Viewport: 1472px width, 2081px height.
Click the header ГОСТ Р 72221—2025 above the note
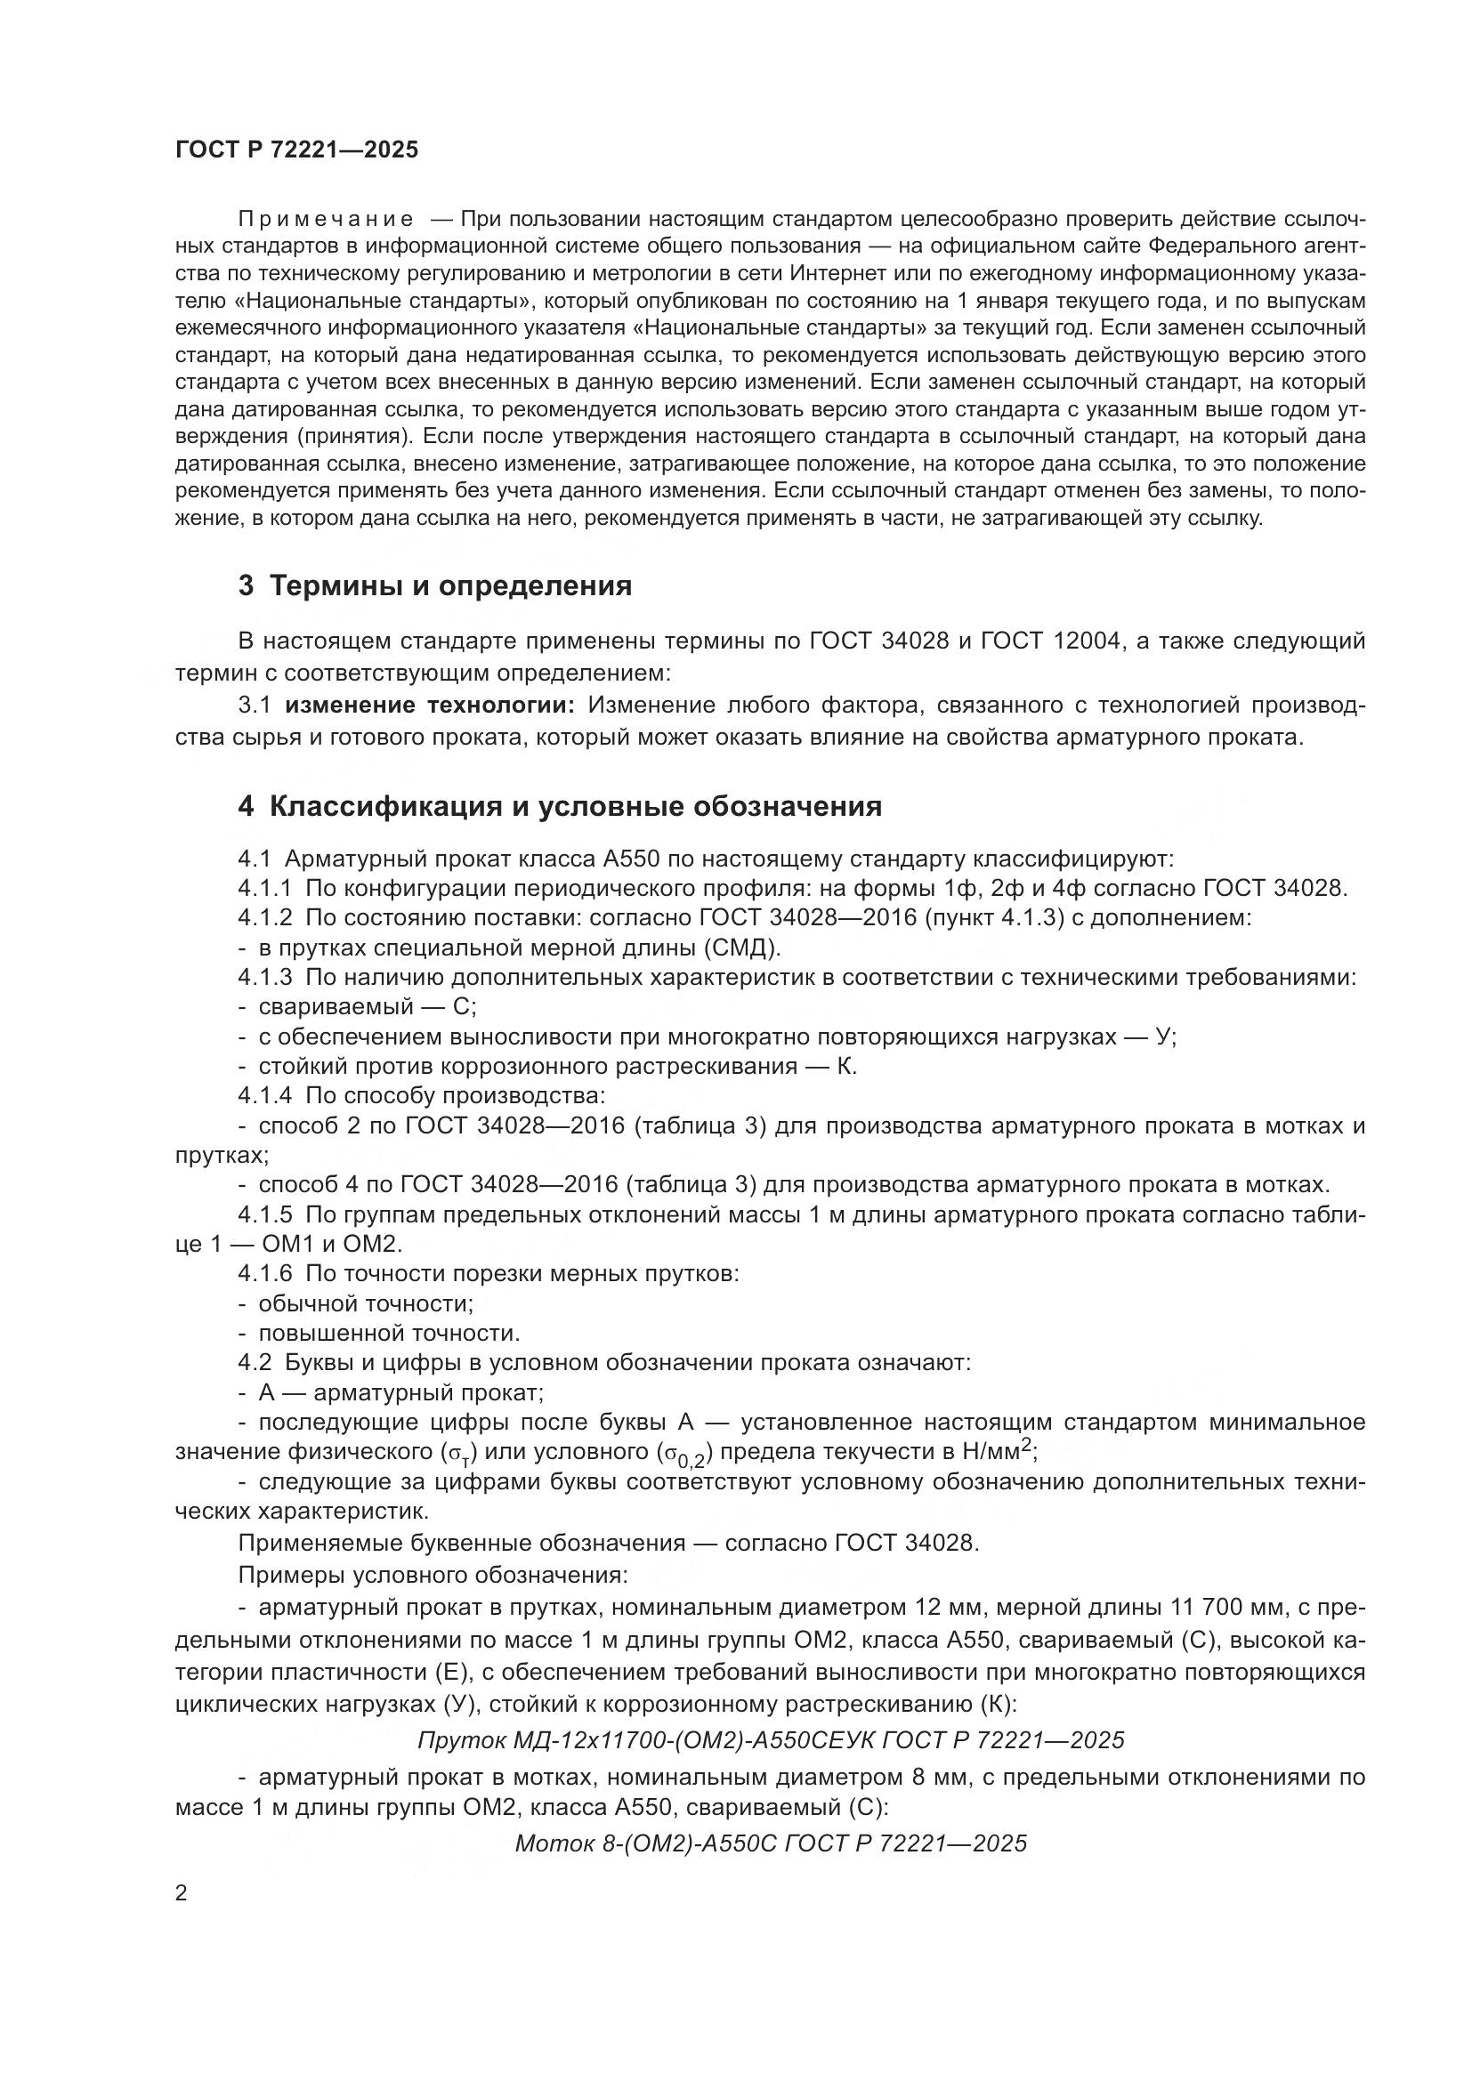(x=297, y=150)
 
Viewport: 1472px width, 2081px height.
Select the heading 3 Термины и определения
(x=435, y=586)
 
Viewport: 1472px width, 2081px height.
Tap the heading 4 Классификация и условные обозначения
(x=559, y=806)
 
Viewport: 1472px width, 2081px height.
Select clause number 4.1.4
(x=264, y=1096)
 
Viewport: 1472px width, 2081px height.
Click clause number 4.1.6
(x=264, y=1273)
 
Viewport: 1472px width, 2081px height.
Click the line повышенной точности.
(x=389, y=1334)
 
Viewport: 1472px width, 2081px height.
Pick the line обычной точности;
(x=366, y=1303)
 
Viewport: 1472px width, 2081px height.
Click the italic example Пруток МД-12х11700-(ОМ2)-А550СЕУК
(x=771, y=1740)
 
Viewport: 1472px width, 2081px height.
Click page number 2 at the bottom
(x=182, y=1893)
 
